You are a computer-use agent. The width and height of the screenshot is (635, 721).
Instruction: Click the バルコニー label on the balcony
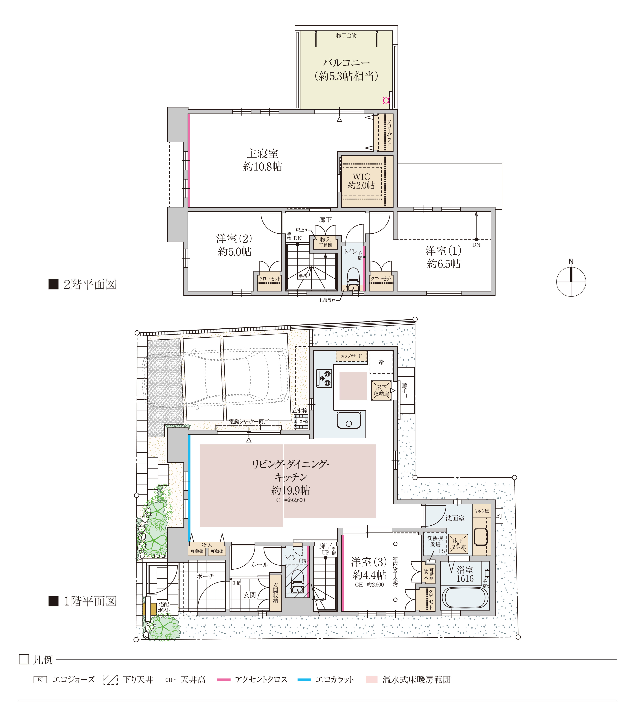[x=346, y=63]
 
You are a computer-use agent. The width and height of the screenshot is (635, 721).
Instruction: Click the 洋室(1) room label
[x=443, y=251]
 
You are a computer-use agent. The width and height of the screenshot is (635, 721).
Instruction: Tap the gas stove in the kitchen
[x=324, y=378]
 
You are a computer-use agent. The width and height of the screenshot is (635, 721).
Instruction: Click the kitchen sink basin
[x=349, y=420]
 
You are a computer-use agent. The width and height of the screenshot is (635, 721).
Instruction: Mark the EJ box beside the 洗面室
[x=499, y=516]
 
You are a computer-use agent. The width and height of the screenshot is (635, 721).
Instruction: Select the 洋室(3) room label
[x=369, y=561]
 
